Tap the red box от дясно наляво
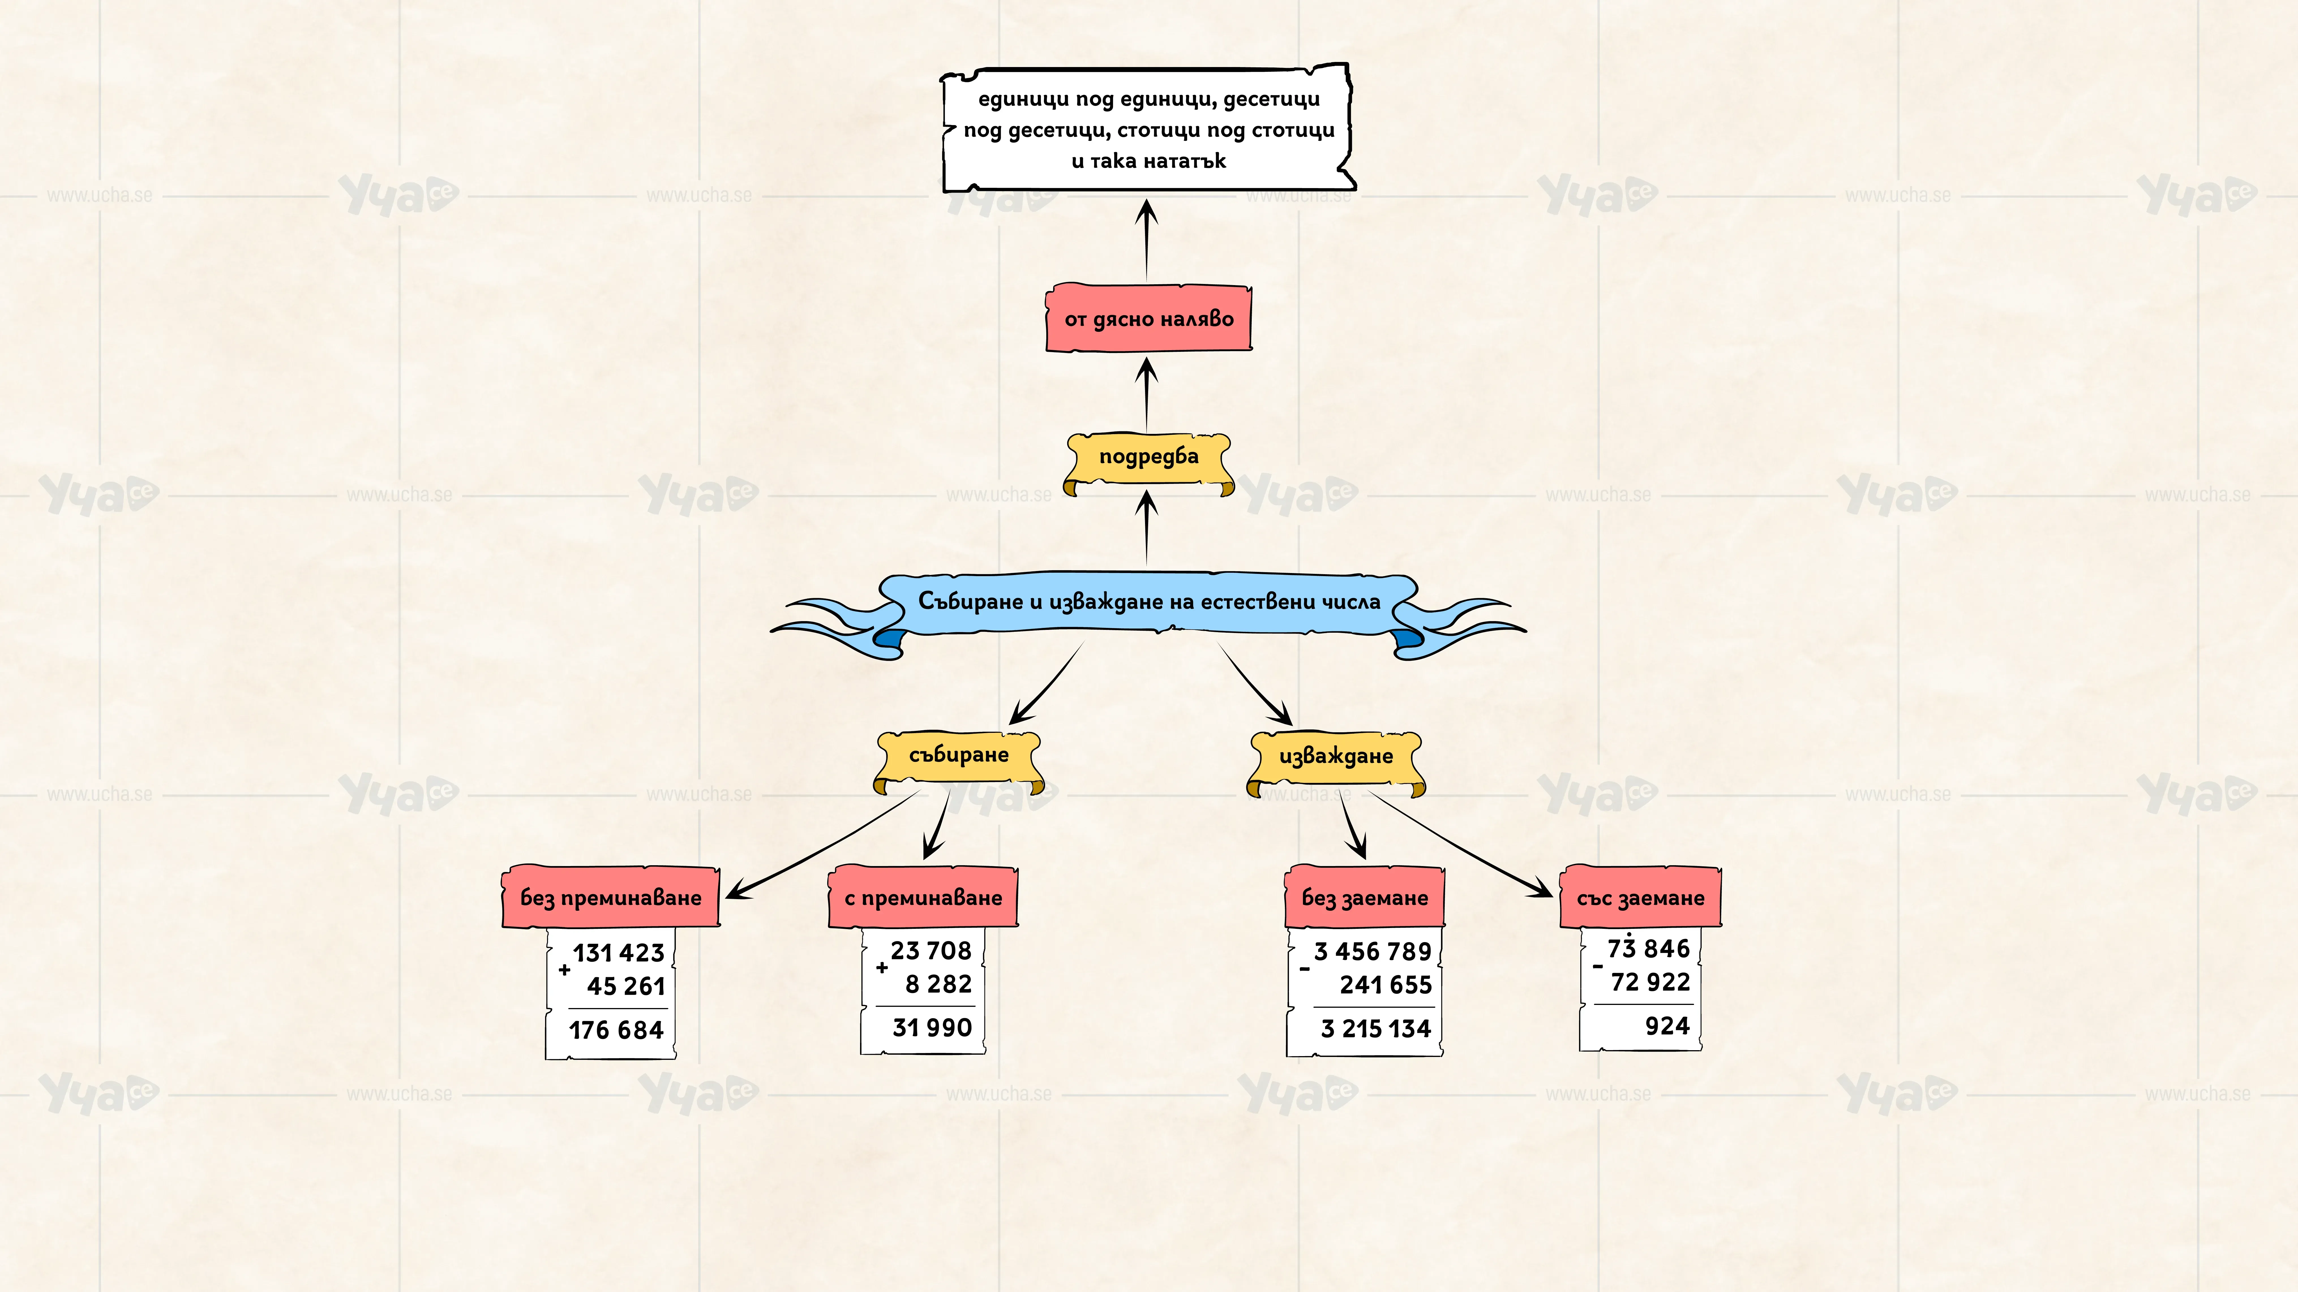[1149, 318]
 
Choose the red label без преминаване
[611, 897]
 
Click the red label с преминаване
[923, 897]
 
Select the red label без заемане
[1365, 897]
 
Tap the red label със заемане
[1641, 897]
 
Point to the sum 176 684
[616, 1030]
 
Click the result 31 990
[932, 1027]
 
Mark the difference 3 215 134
[1376, 1028]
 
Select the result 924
[1667, 1025]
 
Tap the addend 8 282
[938, 983]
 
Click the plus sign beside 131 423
[564, 969]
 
